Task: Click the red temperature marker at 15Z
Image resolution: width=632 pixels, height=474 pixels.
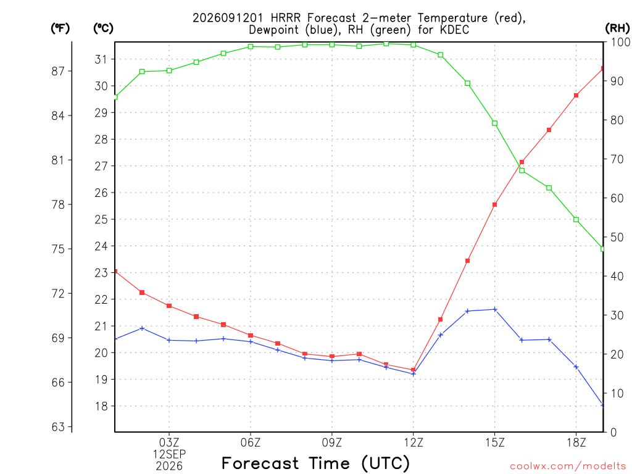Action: (x=494, y=205)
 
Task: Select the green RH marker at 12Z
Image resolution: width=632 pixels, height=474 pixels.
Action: (x=413, y=44)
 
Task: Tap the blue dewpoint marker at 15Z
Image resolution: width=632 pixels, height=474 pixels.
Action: (x=494, y=310)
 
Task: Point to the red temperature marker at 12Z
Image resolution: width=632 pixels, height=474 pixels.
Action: (x=413, y=370)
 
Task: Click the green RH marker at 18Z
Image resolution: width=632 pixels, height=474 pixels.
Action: (x=576, y=220)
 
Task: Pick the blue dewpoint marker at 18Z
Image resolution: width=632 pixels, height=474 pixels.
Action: (x=576, y=367)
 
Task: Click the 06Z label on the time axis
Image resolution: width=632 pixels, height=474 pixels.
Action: (x=251, y=443)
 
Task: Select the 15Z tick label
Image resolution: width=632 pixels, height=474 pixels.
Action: (x=494, y=443)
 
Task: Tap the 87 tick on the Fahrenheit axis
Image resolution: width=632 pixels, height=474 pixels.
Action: (x=58, y=72)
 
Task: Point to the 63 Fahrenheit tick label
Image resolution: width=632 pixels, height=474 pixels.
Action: (x=58, y=427)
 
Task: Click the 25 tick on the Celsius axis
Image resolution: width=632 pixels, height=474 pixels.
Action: (x=101, y=220)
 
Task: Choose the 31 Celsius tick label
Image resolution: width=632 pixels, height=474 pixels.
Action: (x=101, y=60)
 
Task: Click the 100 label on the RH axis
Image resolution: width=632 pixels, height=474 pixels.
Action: (x=620, y=42)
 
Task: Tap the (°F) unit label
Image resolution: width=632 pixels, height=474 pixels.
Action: (x=60, y=28)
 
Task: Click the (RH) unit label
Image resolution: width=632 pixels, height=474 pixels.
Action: (x=617, y=28)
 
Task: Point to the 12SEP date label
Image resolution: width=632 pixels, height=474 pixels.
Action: (x=169, y=454)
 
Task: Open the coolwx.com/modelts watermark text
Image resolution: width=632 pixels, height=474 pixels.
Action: (x=568, y=466)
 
